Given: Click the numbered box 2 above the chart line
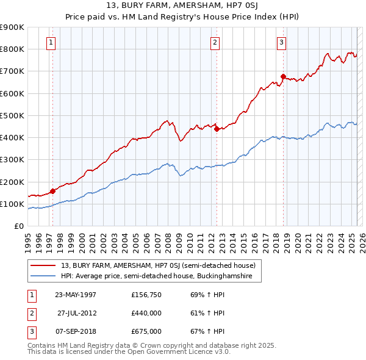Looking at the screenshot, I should point(215,42).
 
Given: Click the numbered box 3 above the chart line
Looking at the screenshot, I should point(281,42).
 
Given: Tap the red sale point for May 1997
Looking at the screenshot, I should point(52,191).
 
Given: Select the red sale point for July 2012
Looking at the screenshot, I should point(216,129).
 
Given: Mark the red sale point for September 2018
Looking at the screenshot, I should point(283,76).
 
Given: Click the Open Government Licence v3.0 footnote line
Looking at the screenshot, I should point(129,352).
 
